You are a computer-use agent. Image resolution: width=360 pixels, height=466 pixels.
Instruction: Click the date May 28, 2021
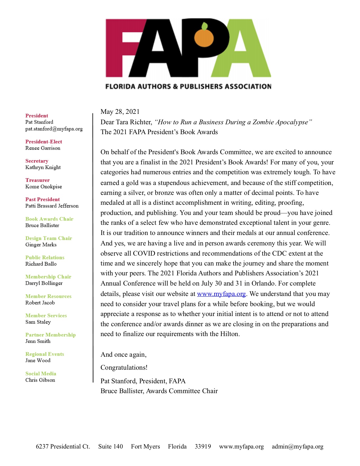point(120,112)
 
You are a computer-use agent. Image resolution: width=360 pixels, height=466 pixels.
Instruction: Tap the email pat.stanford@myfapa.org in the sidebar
point(54,129)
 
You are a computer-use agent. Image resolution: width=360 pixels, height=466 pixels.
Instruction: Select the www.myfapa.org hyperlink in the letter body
point(221,294)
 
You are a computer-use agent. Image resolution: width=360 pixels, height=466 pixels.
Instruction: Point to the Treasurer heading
point(37,180)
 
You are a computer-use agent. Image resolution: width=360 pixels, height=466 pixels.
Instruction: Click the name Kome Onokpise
point(43,187)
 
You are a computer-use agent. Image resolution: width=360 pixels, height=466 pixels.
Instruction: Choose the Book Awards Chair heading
point(49,219)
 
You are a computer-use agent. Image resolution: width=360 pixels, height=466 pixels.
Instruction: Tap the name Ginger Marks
point(41,245)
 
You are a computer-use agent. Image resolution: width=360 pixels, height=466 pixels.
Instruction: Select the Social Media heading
point(41,373)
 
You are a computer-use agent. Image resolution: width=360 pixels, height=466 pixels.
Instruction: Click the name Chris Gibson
point(40,380)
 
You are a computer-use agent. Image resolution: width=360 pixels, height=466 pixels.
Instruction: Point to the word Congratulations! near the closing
point(124,367)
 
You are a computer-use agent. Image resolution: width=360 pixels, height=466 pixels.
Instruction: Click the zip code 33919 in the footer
point(203,447)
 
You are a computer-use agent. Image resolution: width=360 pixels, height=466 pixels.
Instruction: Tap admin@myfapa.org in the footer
point(298,447)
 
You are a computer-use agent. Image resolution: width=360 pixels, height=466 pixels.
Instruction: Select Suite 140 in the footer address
point(110,447)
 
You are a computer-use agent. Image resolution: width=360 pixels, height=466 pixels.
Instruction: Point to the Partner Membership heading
point(51,335)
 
